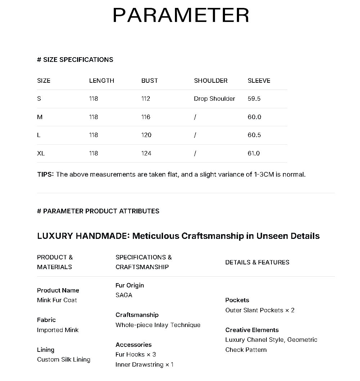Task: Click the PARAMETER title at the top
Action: point(181,15)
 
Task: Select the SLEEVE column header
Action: point(259,81)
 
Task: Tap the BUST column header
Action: point(149,81)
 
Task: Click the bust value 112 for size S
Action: point(145,99)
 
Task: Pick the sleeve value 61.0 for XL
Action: point(253,153)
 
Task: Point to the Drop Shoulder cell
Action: point(214,99)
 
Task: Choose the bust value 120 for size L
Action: point(146,135)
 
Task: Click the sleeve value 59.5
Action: point(254,99)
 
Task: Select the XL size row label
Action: point(41,153)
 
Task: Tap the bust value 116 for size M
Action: point(146,117)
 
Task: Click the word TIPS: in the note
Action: point(45,174)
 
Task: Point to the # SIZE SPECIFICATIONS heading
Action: point(75,60)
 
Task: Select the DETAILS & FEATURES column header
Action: point(257,262)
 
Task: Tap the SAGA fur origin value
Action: point(124,295)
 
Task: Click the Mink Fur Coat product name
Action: point(57,300)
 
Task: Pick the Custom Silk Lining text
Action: point(63,359)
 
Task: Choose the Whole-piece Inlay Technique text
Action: point(158,325)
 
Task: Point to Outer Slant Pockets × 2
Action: point(260,310)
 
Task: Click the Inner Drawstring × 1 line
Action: point(144,364)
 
